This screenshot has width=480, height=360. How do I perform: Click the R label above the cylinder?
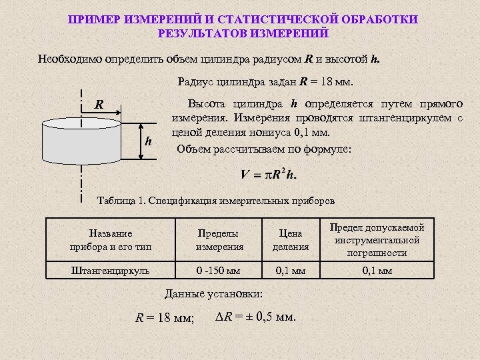(x=99, y=105)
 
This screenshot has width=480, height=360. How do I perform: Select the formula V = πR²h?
(x=269, y=175)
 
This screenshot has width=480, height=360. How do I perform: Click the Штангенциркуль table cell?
(x=111, y=271)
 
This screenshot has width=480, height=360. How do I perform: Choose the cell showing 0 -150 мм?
(x=219, y=271)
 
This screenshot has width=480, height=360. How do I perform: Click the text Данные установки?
(x=213, y=294)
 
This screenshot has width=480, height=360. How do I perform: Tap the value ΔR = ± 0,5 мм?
(x=256, y=316)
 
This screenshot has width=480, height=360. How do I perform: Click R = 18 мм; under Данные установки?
(x=165, y=318)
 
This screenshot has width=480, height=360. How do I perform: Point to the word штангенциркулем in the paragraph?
(x=415, y=119)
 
